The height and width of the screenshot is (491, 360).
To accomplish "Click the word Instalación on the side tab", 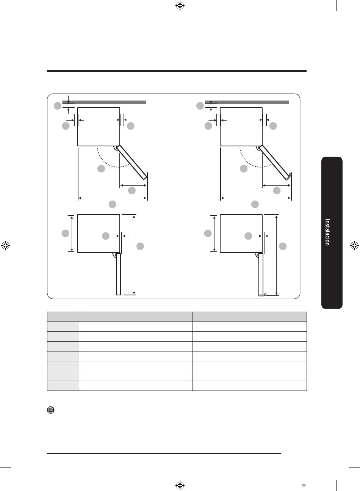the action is tap(327, 232).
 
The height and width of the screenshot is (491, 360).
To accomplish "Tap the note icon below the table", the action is tap(51, 410).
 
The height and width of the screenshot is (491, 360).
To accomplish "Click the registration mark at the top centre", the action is tap(180, 6).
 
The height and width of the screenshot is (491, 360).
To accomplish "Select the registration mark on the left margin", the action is tap(6, 245).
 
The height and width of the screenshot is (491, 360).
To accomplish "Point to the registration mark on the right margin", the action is tap(354, 246).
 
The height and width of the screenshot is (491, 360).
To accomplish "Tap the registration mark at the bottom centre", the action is tap(180, 485).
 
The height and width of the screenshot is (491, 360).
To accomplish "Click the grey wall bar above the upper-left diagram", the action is tap(104, 102).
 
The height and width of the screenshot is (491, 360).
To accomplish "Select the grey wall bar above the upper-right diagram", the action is tap(247, 102).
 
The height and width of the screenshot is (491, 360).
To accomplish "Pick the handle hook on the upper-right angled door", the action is tap(289, 176).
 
